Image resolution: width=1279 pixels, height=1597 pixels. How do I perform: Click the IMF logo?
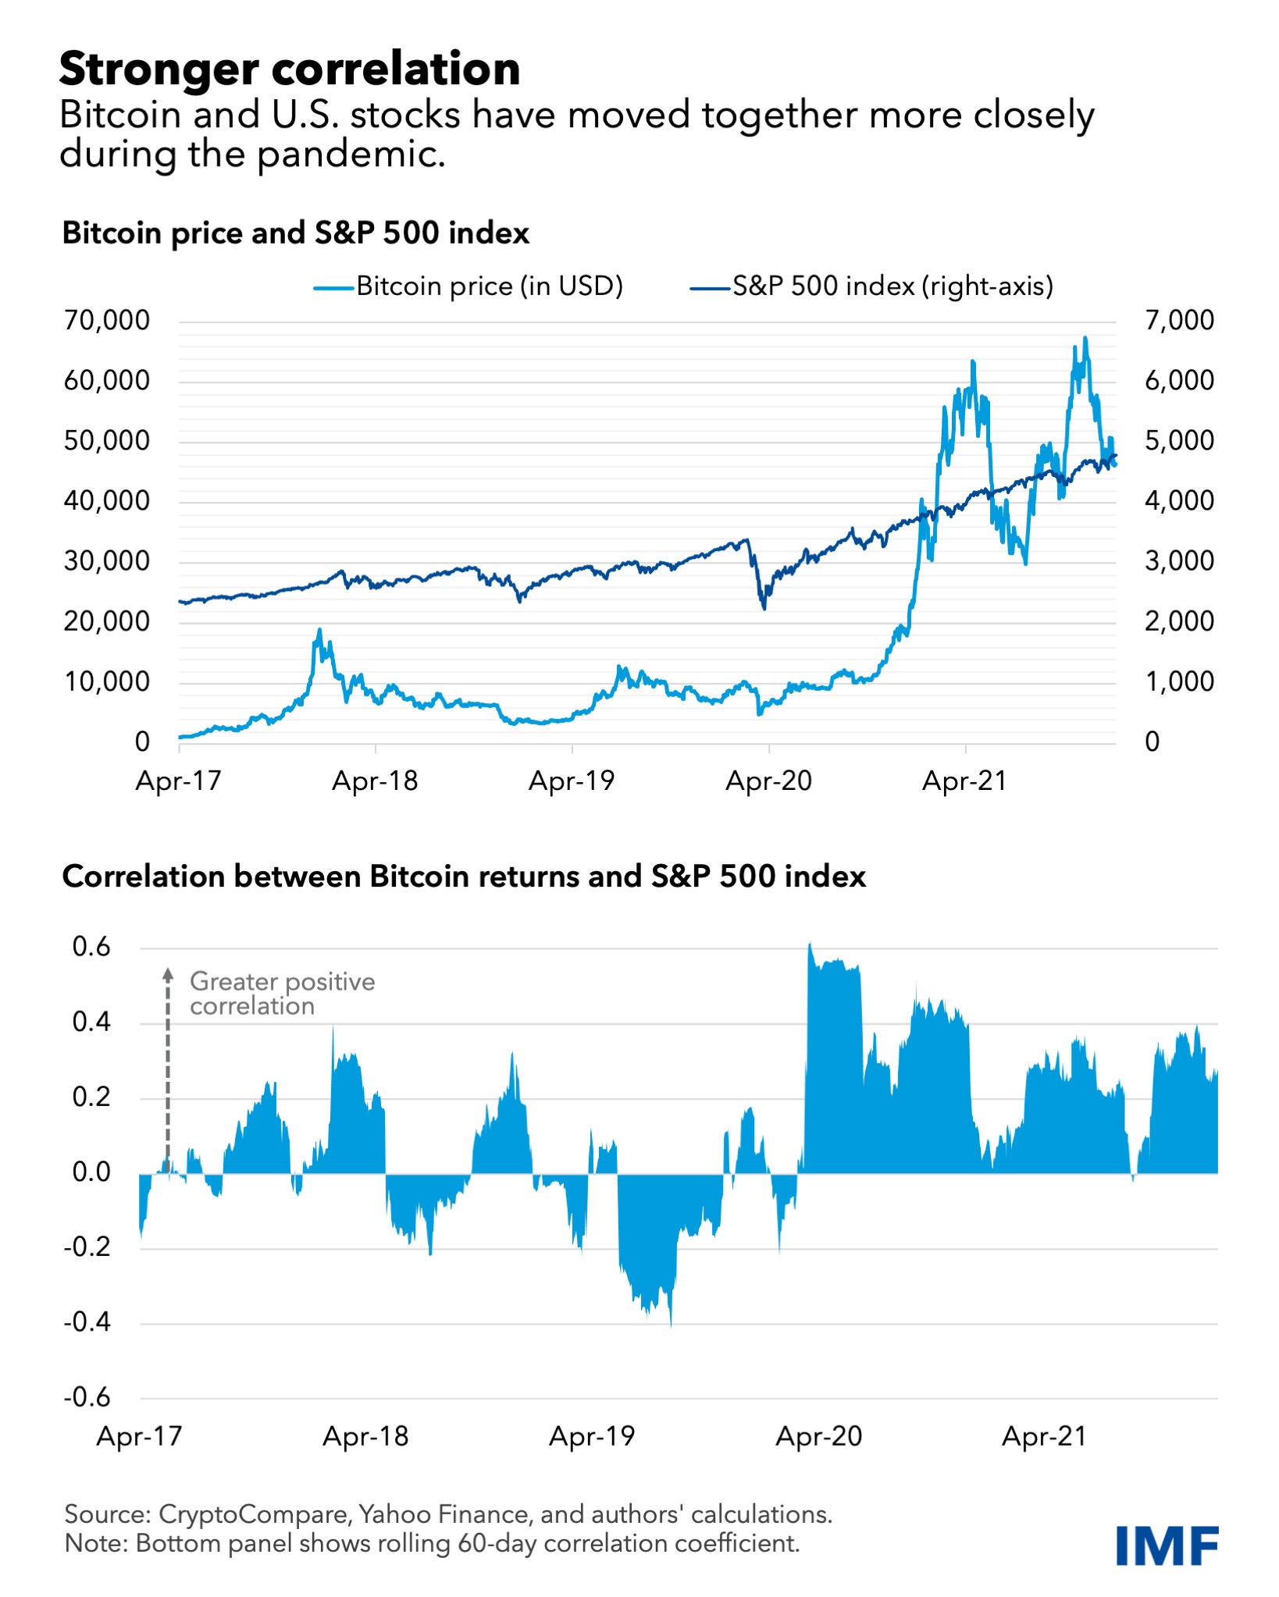click(1167, 1545)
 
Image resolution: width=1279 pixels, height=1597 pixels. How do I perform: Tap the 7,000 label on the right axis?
click(1179, 320)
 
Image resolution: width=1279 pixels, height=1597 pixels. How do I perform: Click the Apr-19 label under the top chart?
click(572, 781)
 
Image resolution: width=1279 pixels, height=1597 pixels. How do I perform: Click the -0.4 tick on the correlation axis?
click(87, 1322)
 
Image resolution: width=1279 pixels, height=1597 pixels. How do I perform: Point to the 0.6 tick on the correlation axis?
click(92, 948)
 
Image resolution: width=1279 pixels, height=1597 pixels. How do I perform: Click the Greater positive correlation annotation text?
click(281, 993)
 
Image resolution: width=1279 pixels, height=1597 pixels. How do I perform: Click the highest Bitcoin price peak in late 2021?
click(1085, 339)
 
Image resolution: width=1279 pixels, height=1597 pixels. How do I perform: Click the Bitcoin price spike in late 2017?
click(319, 630)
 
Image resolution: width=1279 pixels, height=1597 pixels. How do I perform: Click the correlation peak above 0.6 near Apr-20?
click(810, 945)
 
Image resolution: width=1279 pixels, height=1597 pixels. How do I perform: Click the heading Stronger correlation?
click(289, 69)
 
